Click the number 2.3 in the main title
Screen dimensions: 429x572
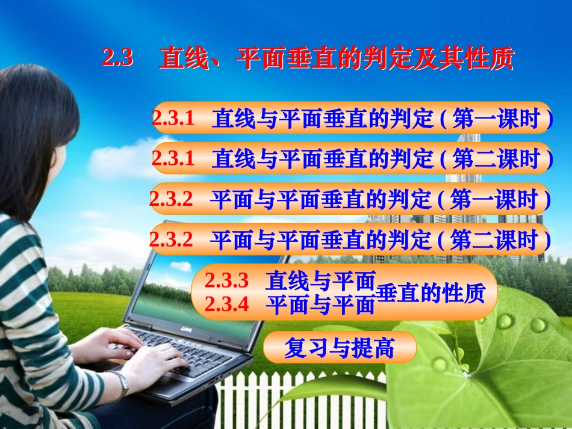point(117,58)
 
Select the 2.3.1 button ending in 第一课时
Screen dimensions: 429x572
point(352,119)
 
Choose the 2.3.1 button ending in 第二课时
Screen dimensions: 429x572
point(352,158)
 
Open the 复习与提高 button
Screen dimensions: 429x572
point(340,347)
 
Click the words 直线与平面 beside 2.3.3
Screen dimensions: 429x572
point(320,280)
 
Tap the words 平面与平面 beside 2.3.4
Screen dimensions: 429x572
point(320,305)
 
